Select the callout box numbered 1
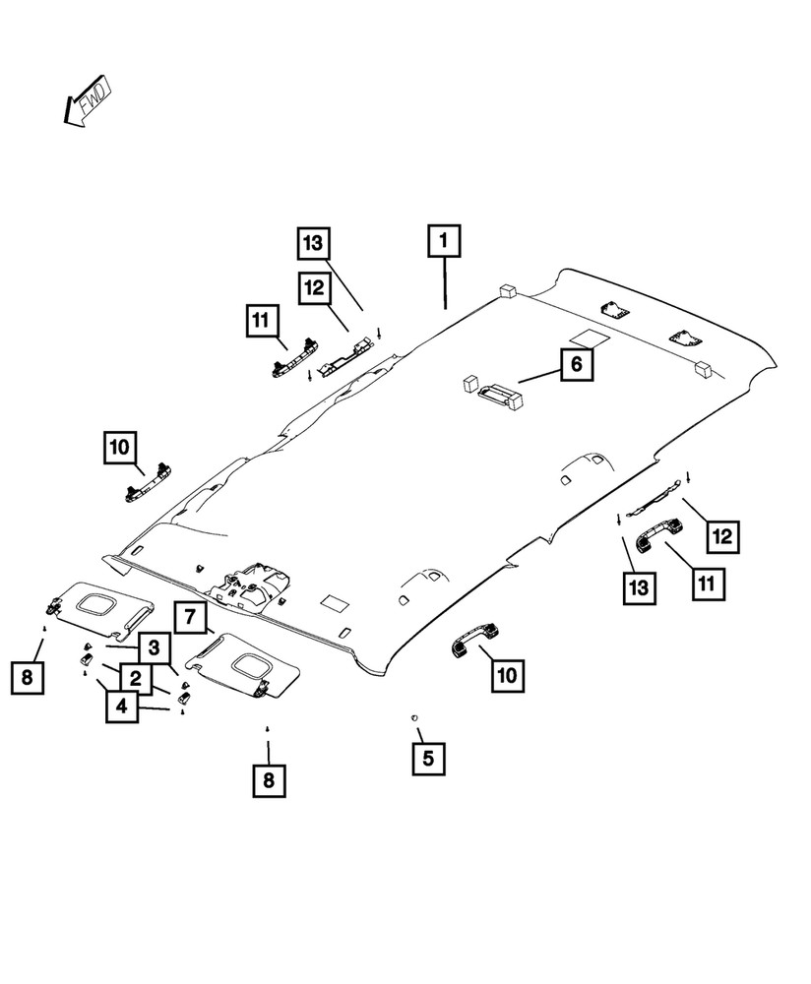click(444, 240)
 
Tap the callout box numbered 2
click(135, 677)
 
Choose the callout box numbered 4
click(121, 706)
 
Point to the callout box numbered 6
click(576, 365)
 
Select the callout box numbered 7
click(190, 620)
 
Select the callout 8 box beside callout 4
click(28, 677)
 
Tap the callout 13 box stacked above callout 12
click(313, 243)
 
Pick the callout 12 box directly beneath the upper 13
click(314, 288)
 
